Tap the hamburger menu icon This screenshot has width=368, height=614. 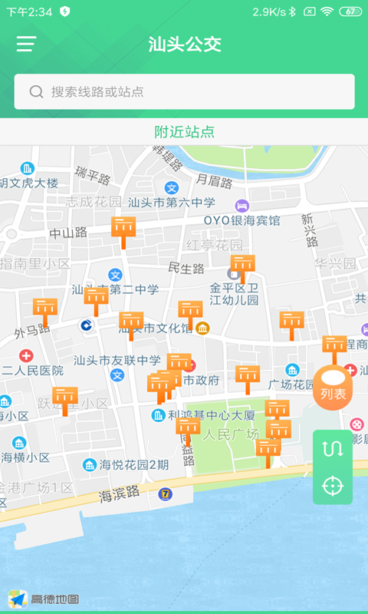pyautogui.click(x=27, y=44)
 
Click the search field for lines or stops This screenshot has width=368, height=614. pyautogui.click(x=184, y=92)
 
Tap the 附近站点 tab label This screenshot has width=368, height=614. pyautogui.click(x=184, y=132)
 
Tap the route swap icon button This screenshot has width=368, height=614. pyautogui.click(x=333, y=450)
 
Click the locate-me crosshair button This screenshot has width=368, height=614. pyautogui.click(x=333, y=486)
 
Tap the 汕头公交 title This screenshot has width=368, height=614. pyautogui.click(x=184, y=44)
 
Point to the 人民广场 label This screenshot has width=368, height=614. pyautogui.click(x=231, y=434)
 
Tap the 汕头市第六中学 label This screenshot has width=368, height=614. pyautogui.click(x=172, y=203)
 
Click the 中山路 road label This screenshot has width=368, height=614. pyautogui.click(x=68, y=233)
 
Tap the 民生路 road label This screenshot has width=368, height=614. pyautogui.click(x=186, y=269)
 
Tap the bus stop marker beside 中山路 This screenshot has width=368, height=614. pyautogui.click(x=123, y=229)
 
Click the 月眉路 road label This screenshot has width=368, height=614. pyautogui.click(x=214, y=181)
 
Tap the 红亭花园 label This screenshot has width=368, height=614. pyautogui.click(x=215, y=245)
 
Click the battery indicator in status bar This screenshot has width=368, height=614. pyautogui.click(x=350, y=12)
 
